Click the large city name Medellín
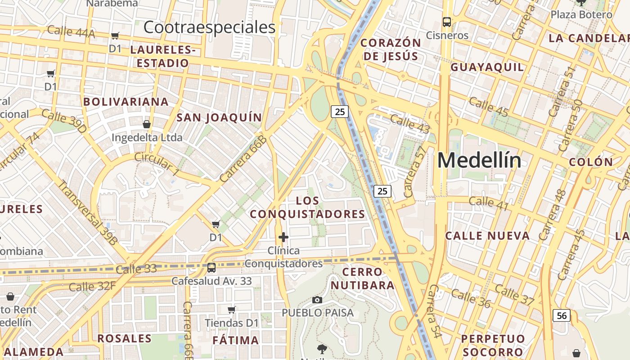(x=479, y=160)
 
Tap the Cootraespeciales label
(x=209, y=27)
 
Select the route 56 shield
(x=562, y=315)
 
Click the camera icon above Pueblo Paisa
(x=317, y=300)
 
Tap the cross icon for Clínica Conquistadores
(x=283, y=237)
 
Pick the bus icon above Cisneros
(x=447, y=22)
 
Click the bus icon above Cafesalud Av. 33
(x=211, y=268)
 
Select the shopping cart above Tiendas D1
(x=232, y=309)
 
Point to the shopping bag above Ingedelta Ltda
(x=147, y=124)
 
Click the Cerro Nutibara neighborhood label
(x=363, y=279)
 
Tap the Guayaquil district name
(x=487, y=67)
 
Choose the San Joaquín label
(x=219, y=118)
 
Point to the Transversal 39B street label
(x=87, y=212)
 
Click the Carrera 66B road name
(x=243, y=159)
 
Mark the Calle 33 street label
(x=136, y=269)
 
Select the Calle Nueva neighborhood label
(x=487, y=236)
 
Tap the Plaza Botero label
(x=581, y=14)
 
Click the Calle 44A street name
(x=71, y=31)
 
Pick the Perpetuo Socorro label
(x=493, y=345)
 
